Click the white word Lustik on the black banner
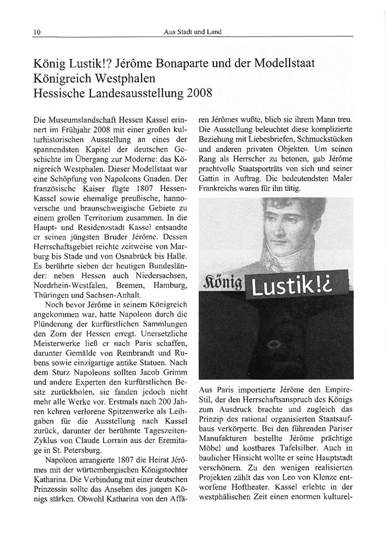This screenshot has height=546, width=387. pyautogui.click(x=285, y=286)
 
